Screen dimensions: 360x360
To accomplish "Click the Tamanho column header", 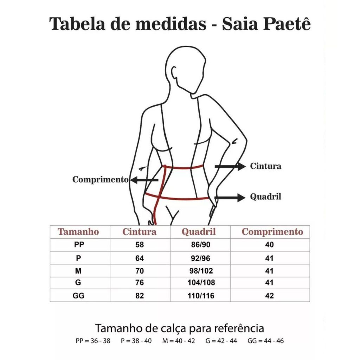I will point(78,232).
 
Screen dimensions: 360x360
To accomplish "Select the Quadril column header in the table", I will point(199,232).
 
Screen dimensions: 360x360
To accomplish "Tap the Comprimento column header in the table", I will point(272,232).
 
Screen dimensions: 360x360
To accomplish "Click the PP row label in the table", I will point(79,245).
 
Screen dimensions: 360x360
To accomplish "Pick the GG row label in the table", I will point(78,296).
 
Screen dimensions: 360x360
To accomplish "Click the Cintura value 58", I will point(140,245).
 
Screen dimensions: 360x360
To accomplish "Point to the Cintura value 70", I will point(140,271).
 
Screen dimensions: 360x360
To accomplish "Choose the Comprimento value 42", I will point(270,296).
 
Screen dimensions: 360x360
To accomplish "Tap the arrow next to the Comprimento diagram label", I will point(144,180).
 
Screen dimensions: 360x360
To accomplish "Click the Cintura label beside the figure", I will point(265,166).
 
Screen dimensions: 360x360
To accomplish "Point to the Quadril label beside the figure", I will point(265,197).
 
